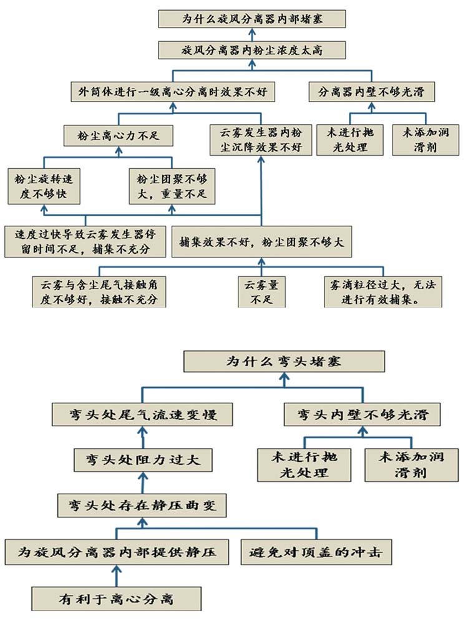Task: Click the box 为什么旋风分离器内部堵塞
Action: point(252,19)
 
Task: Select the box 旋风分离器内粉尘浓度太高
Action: point(252,50)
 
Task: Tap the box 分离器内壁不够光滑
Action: point(371,92)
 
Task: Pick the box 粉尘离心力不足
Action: point(118,136)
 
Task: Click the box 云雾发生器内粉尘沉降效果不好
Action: point(261,140)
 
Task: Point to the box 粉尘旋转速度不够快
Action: point(44,186)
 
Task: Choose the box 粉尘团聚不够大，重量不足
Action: point(172,186)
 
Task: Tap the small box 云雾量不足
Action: point(261,292)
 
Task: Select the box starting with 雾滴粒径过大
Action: point(383,292)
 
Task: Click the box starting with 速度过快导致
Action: point(85,242)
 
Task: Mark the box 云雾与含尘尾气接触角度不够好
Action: point(99,292)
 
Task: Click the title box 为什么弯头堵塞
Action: point(284,361)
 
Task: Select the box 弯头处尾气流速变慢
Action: point(142,415)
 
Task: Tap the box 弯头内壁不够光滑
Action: point(362,415)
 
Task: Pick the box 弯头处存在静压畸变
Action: point(142,506)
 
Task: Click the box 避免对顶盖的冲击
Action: point(316,552)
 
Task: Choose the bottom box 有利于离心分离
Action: point(116,599)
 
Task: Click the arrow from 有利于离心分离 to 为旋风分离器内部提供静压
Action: point(116,575)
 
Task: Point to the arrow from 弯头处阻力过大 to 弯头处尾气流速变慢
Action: point(142,437)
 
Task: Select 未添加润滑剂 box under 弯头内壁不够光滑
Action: point(411,464)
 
